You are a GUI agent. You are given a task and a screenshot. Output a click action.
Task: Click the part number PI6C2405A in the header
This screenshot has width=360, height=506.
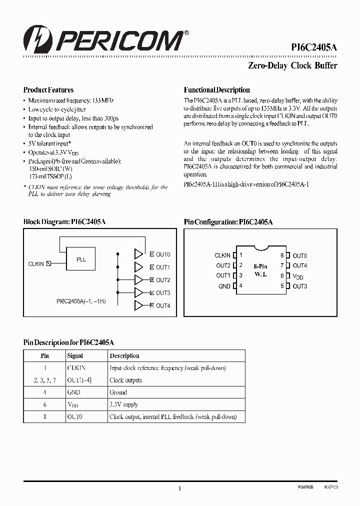(x=314, y=47)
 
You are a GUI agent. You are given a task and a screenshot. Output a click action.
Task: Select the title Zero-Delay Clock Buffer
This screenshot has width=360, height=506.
(x=292, y=65)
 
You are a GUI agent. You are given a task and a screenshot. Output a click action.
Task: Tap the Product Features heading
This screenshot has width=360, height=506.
(x=48, y=90)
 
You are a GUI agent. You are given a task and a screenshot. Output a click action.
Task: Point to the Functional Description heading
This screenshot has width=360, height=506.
(x=217, y=90)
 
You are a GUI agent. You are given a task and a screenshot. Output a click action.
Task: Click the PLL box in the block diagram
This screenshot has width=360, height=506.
(x=81, y=260)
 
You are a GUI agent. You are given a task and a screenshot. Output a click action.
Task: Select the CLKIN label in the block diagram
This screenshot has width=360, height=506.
(x=36, y=263)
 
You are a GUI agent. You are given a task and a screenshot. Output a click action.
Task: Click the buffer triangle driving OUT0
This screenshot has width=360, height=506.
(x=138, y=254)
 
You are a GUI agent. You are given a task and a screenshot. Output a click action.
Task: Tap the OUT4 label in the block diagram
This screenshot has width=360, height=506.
(x=163, y=305)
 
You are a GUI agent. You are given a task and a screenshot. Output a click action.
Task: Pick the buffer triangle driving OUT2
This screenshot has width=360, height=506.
(x=138, y=280)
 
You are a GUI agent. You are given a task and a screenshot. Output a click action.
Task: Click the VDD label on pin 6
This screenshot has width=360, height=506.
(x=298, y=276)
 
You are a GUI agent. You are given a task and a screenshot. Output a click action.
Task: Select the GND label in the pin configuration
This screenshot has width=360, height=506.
(x=224, y=286)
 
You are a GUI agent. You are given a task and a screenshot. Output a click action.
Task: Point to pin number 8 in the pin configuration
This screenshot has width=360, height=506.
(x=282, y=255)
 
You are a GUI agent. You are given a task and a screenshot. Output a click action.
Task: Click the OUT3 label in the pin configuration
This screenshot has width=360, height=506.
(x=299, y=286)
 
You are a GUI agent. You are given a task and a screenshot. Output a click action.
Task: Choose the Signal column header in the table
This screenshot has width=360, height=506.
(x=75, y=356)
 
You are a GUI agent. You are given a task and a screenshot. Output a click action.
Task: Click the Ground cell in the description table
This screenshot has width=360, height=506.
(x=118, y=392)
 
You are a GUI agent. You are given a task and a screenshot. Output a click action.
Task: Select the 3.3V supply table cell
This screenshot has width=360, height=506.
(x=123, y=404)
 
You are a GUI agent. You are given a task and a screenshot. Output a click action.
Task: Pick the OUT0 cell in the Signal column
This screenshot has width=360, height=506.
(x=74, y=416)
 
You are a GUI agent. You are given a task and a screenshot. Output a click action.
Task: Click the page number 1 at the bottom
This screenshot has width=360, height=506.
(x=179, y=489)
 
